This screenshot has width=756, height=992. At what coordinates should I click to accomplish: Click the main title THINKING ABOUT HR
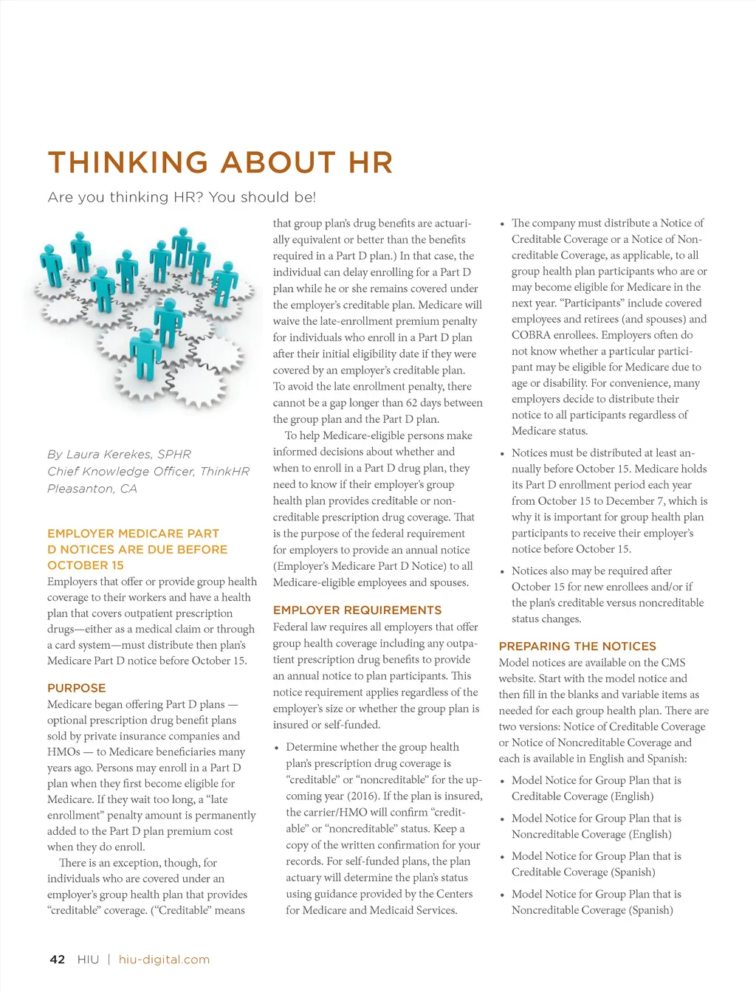(220, 163)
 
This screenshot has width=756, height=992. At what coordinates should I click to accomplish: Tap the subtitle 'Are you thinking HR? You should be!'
(182, 197)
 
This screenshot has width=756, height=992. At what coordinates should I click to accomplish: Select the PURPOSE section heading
(77, 688)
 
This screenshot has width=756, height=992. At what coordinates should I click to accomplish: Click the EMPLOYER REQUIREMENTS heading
(357, 610)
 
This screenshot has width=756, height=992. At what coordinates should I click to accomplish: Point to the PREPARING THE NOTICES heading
(577, 646)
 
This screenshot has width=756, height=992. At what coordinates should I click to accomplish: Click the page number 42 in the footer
(58, 960)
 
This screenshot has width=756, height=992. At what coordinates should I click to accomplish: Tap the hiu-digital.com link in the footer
(164, 960)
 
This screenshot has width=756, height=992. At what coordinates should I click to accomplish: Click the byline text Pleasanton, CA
(92, 489)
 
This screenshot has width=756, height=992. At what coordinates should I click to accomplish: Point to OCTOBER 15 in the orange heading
(86, 565)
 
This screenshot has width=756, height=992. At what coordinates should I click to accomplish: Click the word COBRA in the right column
(531, 335)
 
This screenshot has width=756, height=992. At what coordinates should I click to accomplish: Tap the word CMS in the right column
(673, 663)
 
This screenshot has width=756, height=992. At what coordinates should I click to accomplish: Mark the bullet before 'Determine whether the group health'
(276, 748)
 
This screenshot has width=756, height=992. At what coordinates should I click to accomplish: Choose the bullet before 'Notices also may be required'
(502, 571)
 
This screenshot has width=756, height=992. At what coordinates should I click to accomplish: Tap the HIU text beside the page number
(88, 960)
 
